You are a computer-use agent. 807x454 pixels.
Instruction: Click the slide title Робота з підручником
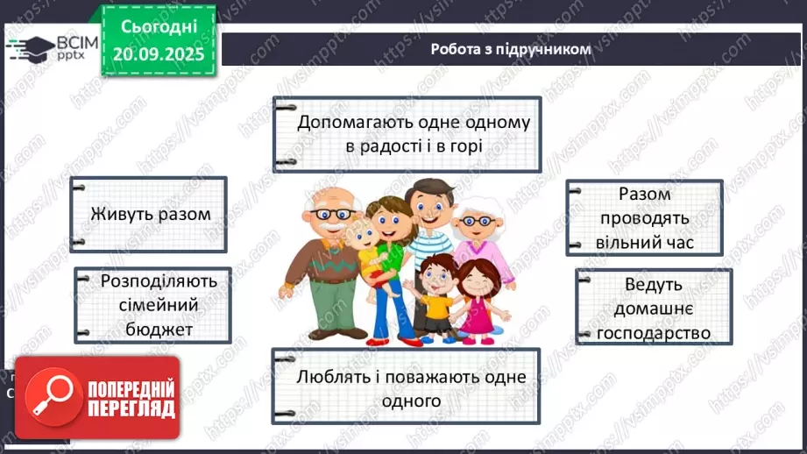coord(510,49)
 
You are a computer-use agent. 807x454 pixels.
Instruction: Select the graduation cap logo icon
coord(28,47)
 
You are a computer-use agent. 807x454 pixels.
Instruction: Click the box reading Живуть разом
coord(150,214)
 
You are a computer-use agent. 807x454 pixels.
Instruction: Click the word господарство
coord(653,333)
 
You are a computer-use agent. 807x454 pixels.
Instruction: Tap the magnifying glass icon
coord(49,397)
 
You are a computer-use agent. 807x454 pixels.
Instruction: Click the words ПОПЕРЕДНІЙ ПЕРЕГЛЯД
coord(131,399)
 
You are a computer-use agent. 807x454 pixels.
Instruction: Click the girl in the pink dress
coord(476,298)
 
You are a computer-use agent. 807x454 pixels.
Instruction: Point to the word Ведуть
coord(653,286)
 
